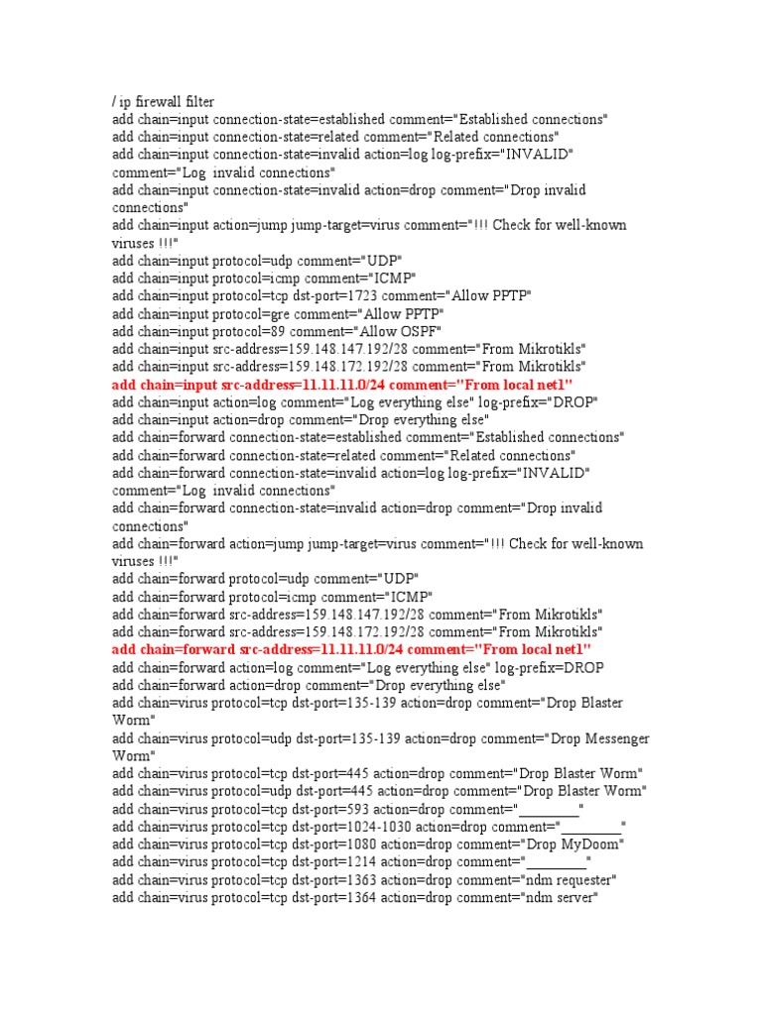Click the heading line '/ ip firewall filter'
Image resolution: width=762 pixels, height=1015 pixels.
point(164,101)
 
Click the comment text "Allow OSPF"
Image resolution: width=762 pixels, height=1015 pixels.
point(405,331)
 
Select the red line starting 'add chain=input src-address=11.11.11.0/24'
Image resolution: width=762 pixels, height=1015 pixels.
point(343,384)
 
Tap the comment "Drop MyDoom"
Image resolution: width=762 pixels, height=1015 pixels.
point(572,845)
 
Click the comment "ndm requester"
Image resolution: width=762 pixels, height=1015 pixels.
point(569,880)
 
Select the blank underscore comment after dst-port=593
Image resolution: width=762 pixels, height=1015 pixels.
point(551,809)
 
